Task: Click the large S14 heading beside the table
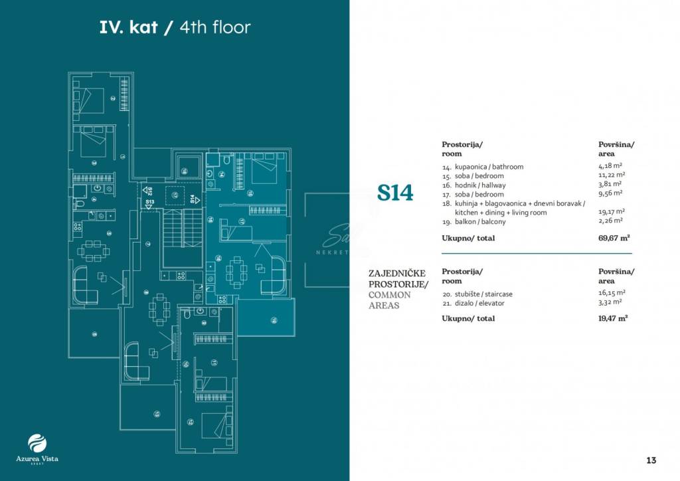(395, 193)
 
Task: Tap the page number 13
(651, 460)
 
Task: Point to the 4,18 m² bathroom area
(610, 167)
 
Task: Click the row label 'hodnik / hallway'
(473, 185)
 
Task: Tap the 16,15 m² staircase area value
(611, 293)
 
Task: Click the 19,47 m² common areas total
(613, 318)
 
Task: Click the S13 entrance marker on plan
(149, 203)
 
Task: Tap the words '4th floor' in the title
(215, 27)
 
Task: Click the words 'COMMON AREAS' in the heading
(394, 300)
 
